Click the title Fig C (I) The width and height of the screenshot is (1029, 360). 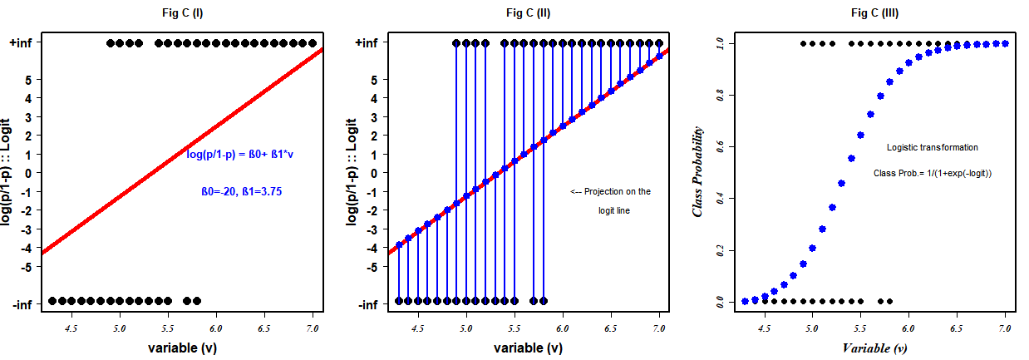181,12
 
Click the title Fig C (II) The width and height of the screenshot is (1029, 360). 528,12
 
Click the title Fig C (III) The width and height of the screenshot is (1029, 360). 874,12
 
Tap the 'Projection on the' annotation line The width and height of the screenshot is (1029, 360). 611,191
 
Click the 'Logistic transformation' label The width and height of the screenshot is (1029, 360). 932,147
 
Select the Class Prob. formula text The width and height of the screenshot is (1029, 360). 933,173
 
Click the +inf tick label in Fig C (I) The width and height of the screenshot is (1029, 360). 19,43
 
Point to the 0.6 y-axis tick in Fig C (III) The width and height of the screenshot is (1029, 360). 721,146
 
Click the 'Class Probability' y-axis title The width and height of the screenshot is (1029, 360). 698,172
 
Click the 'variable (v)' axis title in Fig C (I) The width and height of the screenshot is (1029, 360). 181,348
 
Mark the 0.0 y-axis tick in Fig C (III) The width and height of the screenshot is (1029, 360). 721,302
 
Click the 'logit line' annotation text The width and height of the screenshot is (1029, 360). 614,210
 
